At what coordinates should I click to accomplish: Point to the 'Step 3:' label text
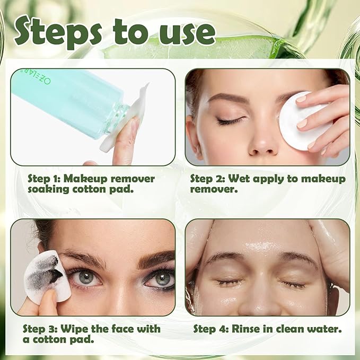pos(41,329)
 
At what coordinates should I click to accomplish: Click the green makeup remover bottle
pos(69,101)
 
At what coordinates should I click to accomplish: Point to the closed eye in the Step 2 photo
pos(231,121)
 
